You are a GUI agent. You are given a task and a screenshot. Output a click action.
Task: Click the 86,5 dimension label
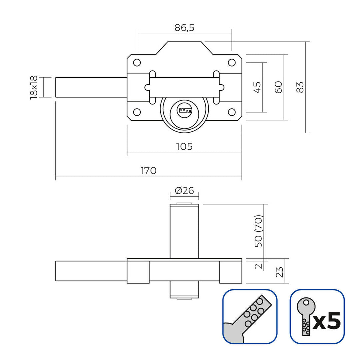[x=184, y=28]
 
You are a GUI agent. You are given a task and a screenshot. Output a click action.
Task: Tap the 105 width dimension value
[x=184, y=146]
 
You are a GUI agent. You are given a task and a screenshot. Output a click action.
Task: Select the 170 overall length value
[x=148, y=171]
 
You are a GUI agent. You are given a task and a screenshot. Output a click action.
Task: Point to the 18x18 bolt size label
[x=34, y=87]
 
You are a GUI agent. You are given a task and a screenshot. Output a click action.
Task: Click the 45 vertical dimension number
[x=257, y=87]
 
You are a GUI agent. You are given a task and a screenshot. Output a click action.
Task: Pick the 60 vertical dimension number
[x=279, y=87]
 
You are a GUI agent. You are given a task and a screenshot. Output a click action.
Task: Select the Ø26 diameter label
[x=184, y=191]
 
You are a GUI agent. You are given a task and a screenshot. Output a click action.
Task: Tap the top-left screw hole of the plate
[x=137, y=62]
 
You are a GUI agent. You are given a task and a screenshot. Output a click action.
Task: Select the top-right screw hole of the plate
[x=231, y=62]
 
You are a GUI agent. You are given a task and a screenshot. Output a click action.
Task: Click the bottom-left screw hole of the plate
[x=137, y=112]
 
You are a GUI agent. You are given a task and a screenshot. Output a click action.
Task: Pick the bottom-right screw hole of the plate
[x=231, y=112]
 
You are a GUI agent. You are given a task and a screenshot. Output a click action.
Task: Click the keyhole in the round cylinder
[x=184, y=110]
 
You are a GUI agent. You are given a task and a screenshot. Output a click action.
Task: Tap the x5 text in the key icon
[x=327, y=322]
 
